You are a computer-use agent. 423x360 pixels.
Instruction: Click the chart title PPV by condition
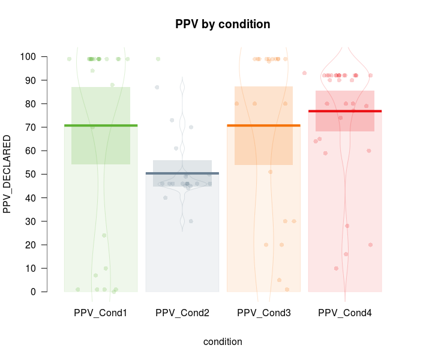[223, 25]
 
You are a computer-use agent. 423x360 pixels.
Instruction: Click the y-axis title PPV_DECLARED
[8, 174]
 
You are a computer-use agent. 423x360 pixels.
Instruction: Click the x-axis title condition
[223, 342]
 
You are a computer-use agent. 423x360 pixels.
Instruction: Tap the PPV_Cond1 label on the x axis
[101, 313]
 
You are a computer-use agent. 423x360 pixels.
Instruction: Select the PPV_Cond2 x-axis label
[182, 313]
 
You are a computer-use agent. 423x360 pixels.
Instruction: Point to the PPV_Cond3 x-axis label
[264, 313]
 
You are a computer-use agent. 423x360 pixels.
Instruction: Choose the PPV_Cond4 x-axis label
[345, 313]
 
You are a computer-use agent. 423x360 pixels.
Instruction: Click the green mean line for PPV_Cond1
[101, 125]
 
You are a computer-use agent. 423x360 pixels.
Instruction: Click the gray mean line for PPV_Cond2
[182, 173]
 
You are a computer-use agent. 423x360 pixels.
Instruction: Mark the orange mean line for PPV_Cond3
[263, 125]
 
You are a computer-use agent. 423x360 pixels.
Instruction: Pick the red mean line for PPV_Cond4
[345, 111]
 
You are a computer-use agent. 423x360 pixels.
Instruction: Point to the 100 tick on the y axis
[44, 57]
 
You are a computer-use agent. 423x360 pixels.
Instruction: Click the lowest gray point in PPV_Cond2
[191, 221]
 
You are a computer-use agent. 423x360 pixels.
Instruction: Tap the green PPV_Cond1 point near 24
[104, 235]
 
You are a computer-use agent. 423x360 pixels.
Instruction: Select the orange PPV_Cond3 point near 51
[271, 172]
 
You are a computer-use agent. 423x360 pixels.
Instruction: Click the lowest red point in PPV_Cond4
[336, 268]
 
